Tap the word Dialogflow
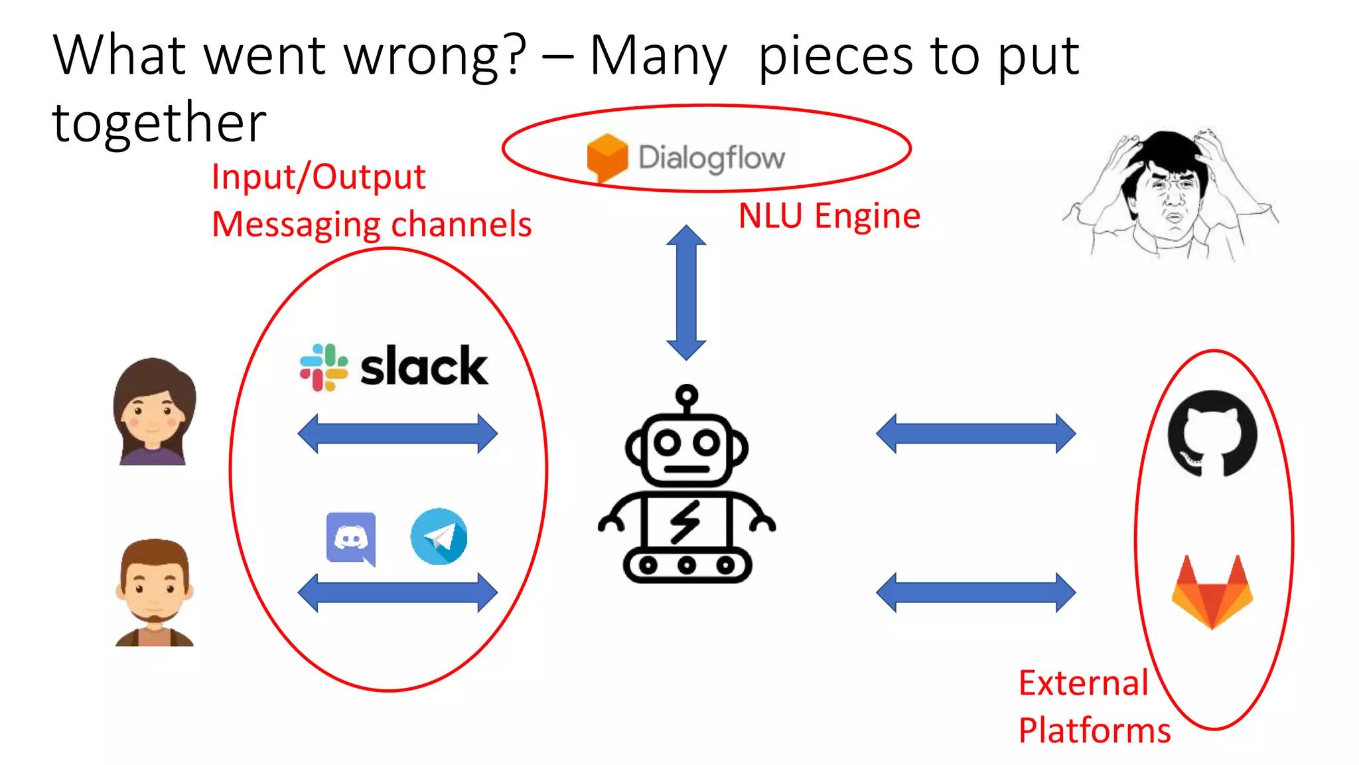coord(711,158)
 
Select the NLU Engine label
coord(829,216)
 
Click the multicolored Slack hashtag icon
coord(323,367)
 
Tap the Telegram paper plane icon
coord(439,537)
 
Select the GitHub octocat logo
coord(1212,434)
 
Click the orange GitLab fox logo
coord(1212,592)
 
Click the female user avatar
coord(154,412)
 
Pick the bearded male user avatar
coord(155,592)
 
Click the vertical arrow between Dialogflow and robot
coord(686,292)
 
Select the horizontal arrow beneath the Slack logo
coord(397,434)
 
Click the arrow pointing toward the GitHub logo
coord(975,434)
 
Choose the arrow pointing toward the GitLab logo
coord(975,592)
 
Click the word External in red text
coord(1083,683)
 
